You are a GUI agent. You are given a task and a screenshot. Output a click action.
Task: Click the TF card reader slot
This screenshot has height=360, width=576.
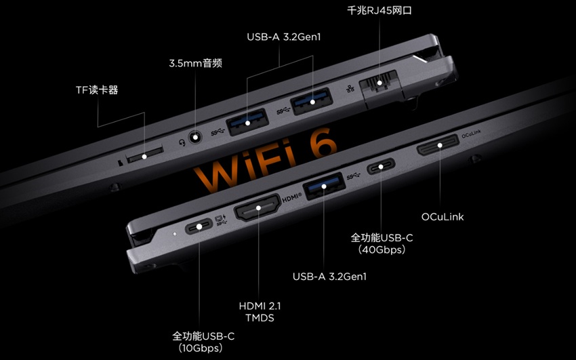pos(144,154)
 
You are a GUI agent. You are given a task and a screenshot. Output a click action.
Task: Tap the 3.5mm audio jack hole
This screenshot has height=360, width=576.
pos(195,138)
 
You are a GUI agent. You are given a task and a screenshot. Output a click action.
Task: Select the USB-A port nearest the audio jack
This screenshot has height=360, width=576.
pos(247,121)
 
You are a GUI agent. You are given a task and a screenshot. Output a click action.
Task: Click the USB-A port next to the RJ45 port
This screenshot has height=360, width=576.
pos(312,101)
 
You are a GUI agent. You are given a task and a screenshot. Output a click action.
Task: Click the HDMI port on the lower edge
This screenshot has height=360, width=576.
pos(258,207)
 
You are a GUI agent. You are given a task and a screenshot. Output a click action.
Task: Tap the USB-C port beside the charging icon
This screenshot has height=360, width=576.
pos(199,226)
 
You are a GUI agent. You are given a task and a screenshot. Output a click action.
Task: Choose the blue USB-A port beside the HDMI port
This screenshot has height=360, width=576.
pos(324,186)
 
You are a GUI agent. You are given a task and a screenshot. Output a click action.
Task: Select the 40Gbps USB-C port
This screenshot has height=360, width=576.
pos(381,166)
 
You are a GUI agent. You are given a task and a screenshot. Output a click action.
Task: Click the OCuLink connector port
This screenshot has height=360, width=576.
pos(438,144)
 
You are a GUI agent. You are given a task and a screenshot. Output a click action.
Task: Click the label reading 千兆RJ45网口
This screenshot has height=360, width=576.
pos(379,10)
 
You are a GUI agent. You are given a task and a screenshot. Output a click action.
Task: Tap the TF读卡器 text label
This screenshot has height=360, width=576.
pos(97,90)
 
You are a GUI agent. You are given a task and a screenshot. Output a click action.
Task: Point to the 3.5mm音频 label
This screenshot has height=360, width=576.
pos(195,63)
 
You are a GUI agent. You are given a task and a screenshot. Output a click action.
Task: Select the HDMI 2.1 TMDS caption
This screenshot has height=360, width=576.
pos(260,311)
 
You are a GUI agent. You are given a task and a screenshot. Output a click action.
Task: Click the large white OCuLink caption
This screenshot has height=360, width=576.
pos(443,217)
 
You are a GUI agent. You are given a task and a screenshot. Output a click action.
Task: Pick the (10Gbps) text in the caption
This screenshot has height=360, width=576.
pos(200,348)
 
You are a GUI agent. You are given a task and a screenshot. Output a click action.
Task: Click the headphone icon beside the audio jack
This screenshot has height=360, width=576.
pos(182,142)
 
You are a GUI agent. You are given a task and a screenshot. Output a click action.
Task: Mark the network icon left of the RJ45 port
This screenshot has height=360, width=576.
pos(350,89)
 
